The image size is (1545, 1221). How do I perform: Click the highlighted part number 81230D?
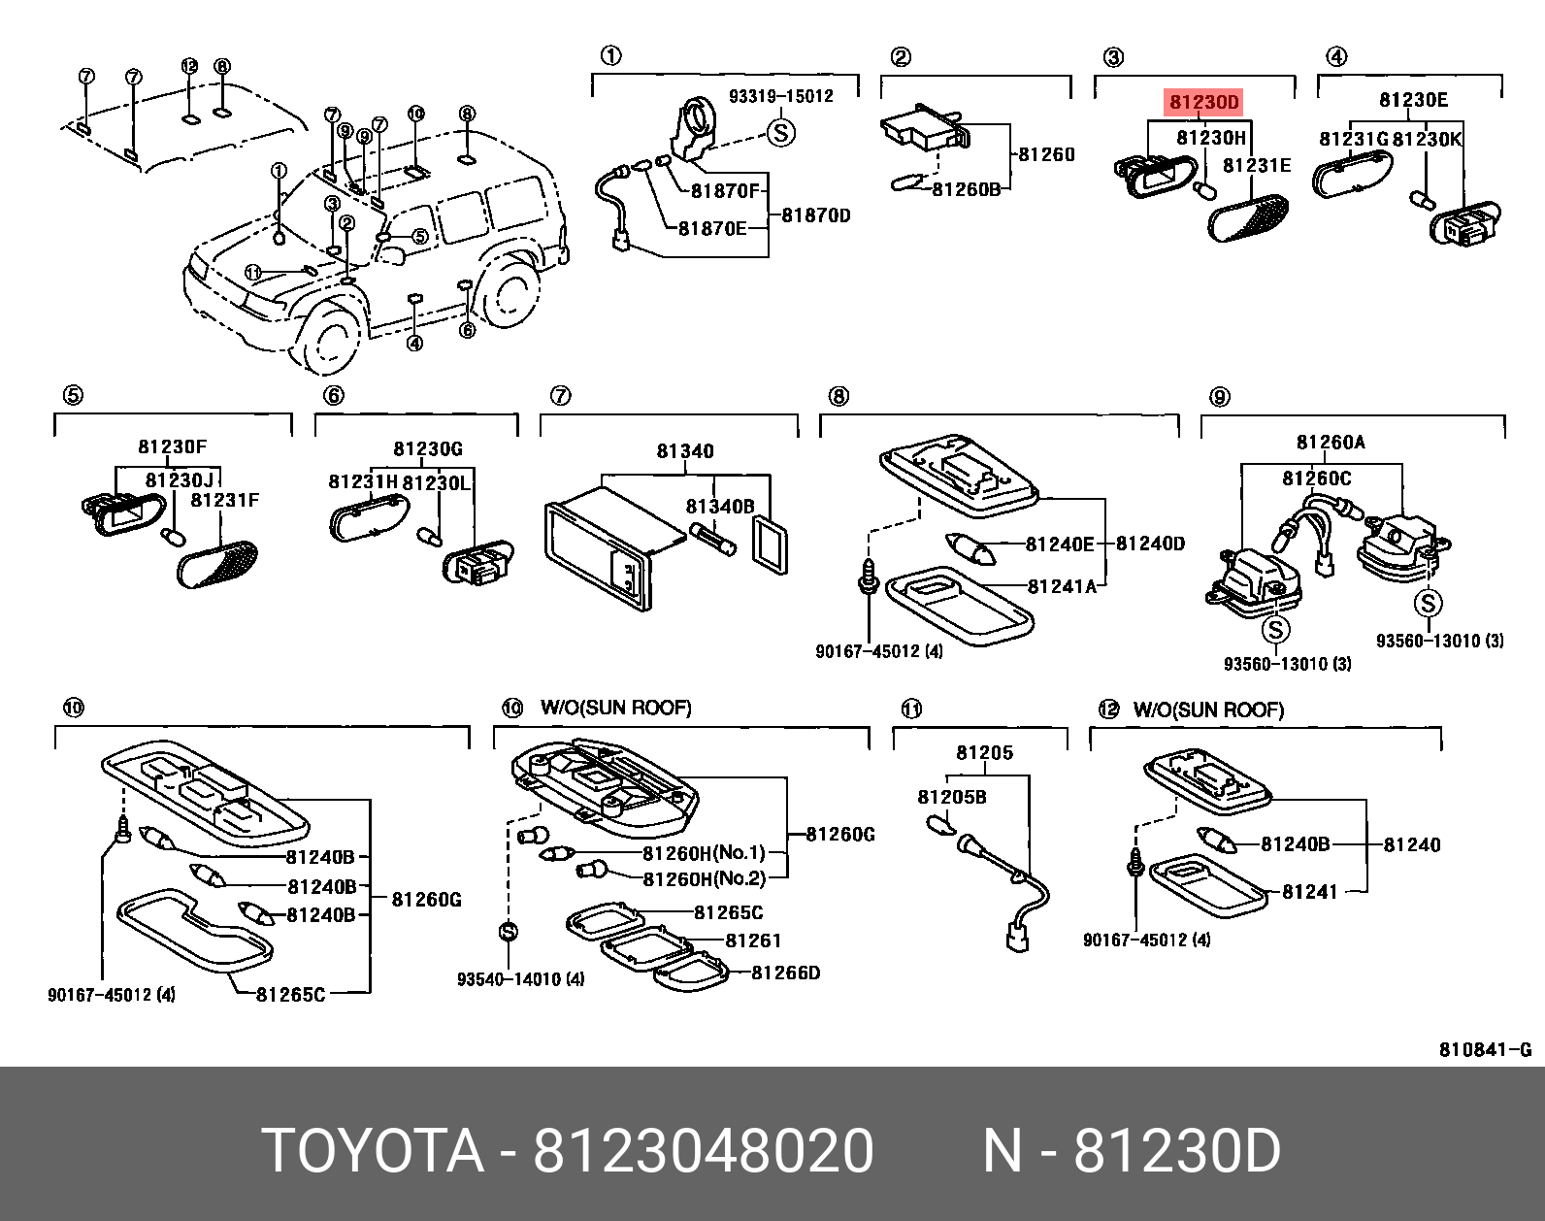[1203, 102]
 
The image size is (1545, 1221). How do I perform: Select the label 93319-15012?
[780, 96]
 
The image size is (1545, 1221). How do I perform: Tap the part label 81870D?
[816, 215]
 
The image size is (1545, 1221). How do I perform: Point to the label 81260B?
[966, 189]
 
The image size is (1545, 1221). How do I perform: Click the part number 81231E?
[1257, 165]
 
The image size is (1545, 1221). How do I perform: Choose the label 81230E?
[1413, 100]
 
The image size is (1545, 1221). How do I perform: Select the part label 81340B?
[719, 507]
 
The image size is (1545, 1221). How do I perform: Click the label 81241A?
[1062, 586]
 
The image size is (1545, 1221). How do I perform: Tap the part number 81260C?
[1316, 478]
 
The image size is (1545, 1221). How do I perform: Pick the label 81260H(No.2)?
[704, 878]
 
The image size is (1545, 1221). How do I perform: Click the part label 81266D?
[785, 973]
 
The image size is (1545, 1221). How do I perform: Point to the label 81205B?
[951, 797]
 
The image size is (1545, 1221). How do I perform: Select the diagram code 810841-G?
[1485, 1049]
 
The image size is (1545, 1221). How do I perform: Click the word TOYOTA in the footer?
[373, 1151]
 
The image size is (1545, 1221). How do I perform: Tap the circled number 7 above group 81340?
[560, 396]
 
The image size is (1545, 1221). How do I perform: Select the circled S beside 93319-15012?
[780, 132]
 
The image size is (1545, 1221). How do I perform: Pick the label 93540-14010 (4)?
[520, 979]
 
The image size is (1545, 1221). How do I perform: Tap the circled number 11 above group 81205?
[910, 709]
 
